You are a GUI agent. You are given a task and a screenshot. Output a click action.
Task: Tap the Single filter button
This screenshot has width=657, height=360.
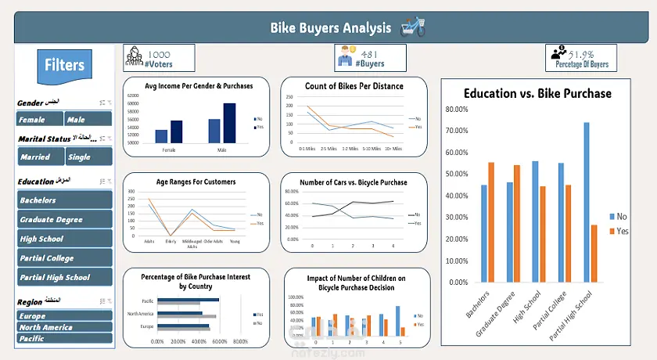pyautogui.click(x=88, y=157)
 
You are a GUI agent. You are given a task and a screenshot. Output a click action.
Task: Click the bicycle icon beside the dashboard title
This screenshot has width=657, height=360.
pyautogui.click(x=413, y=28)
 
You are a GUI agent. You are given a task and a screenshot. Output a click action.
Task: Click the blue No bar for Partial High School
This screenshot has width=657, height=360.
pyautogui.click(x=586, y=202)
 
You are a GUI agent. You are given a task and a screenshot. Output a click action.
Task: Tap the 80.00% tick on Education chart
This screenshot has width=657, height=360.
pyautogui.click(x=456, y=109)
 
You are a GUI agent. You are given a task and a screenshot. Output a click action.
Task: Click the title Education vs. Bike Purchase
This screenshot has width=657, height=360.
pyautogui.click(x=537, y=93)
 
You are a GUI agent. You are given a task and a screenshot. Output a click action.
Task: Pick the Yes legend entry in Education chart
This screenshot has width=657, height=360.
pyautogui.click(x=617, y=231)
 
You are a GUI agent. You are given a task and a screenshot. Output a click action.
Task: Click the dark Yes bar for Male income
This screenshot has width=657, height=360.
pyautogui.click(x=229, y=124)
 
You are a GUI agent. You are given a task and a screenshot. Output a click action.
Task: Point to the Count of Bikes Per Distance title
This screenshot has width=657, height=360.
pyautogui.click(x=355, y=86)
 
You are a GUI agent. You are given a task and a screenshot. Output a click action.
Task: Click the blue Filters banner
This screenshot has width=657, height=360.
pyautogui.click(x=66, y=64)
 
